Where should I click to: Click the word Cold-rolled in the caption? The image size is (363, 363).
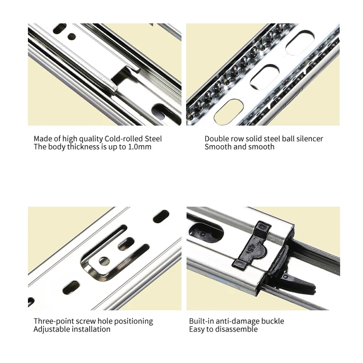click(124, 139)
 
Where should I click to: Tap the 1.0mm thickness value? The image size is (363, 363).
click(140, 147)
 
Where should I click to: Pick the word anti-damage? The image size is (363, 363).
click(237, 321)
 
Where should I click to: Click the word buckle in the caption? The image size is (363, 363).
click(272, 321)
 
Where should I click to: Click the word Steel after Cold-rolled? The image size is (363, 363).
click(153, 139)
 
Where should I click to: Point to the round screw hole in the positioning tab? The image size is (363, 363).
click(104, 261)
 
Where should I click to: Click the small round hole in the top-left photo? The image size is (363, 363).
click(72, 36)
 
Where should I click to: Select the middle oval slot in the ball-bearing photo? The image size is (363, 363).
click(265, 77)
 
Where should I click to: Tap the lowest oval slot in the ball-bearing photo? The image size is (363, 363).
click(229, 112)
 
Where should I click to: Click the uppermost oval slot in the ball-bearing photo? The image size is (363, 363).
click(300, 43)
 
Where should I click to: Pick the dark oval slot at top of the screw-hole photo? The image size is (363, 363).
click(161, 216)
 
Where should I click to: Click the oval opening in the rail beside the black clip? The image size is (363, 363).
click(206, 232)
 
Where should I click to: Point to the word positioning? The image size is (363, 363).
click(133, 321)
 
